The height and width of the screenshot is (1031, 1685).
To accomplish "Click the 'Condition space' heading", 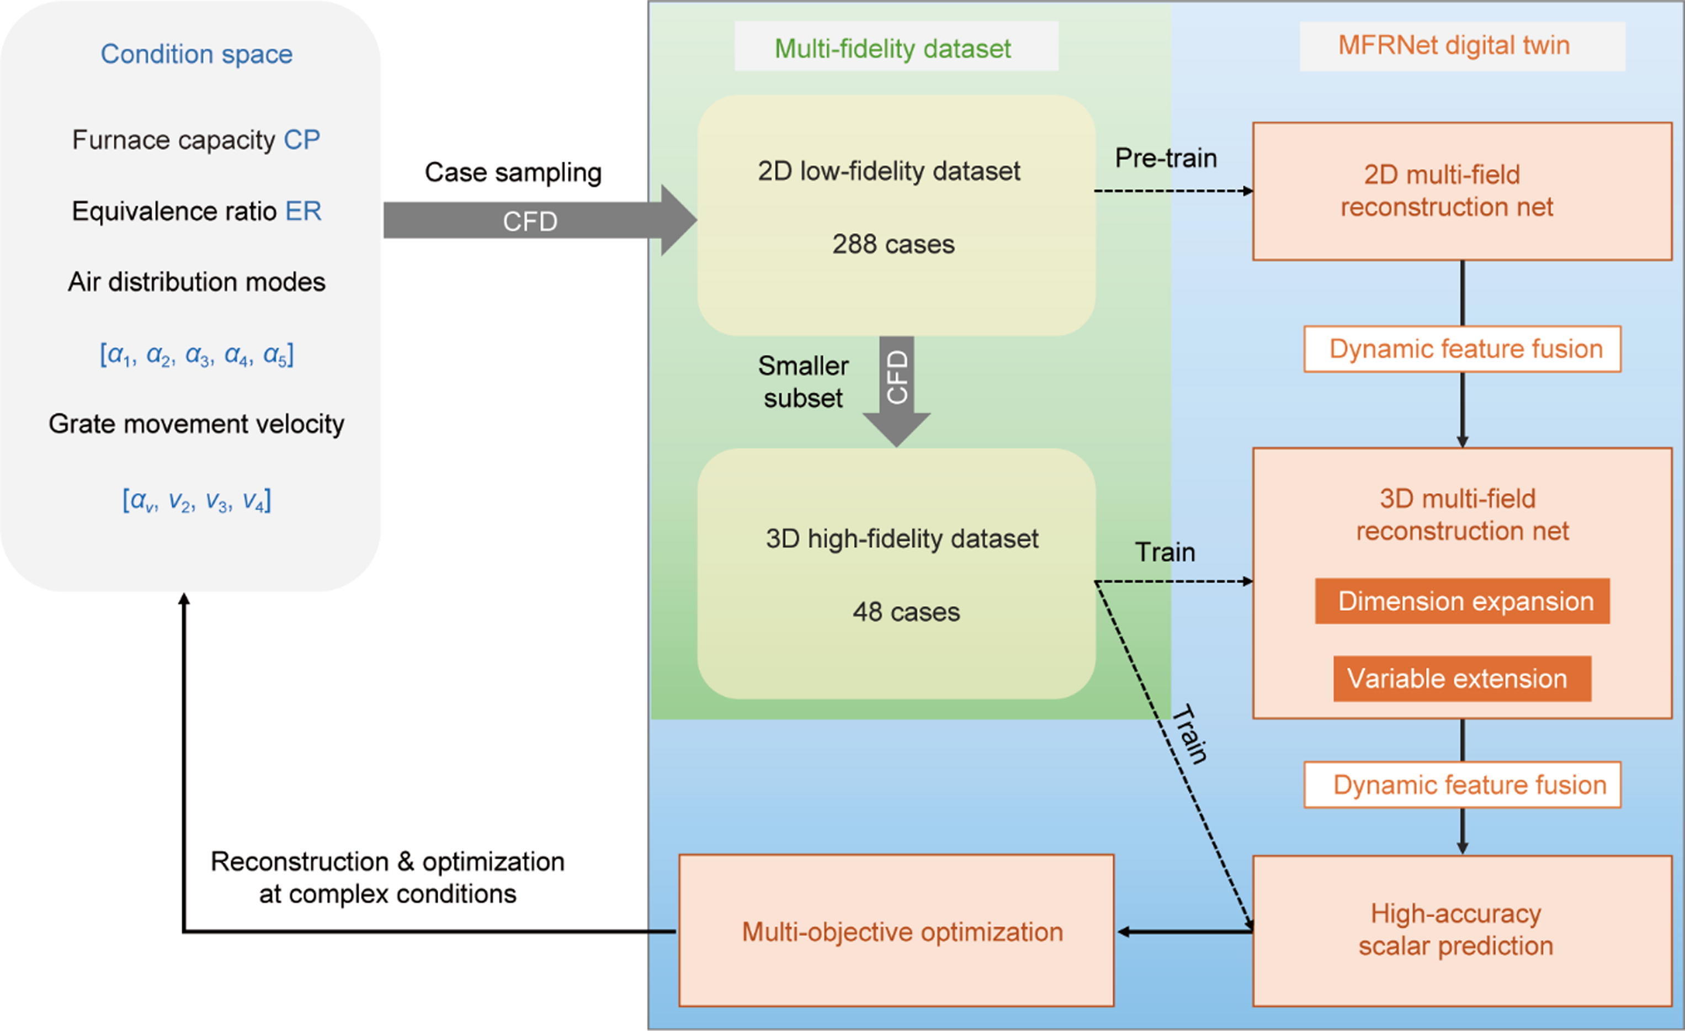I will pos(196,54).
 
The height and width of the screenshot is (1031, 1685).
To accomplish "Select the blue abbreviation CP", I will pos(301,140).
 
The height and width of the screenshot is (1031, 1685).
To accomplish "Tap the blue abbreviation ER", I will pos(303,212).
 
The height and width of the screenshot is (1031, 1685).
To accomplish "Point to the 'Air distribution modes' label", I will pos(196,282).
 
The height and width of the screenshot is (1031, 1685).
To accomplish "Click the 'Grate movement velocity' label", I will pos(196,424).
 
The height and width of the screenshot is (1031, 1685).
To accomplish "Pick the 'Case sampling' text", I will pos(513,172).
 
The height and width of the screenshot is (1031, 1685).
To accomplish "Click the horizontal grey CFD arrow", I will pos(530,221).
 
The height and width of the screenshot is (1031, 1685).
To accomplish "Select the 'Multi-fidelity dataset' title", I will pos(892,49).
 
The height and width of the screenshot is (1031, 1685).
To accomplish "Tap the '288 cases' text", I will pos(893,244).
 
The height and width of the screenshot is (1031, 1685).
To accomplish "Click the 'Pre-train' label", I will pos(1166,158).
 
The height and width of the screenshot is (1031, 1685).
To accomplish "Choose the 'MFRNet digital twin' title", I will pos(1454,45).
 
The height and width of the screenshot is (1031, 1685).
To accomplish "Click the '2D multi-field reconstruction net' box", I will pos(1462,191).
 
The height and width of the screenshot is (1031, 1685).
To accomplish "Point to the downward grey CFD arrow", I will pos(896,387).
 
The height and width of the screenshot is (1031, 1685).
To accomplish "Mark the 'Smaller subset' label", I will pos(804,382).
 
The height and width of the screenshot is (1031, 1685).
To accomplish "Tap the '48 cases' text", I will pos(906,612).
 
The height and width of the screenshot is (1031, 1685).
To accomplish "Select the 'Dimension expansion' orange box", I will pos(1462,601).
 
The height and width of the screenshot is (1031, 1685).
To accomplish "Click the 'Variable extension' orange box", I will pos(1462,679).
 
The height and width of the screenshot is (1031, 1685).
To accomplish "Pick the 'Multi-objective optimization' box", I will pos(896,931).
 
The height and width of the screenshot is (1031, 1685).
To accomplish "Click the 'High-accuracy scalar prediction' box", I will pos(1462,930).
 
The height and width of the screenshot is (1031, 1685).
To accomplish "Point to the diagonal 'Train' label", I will pos(1190,734).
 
